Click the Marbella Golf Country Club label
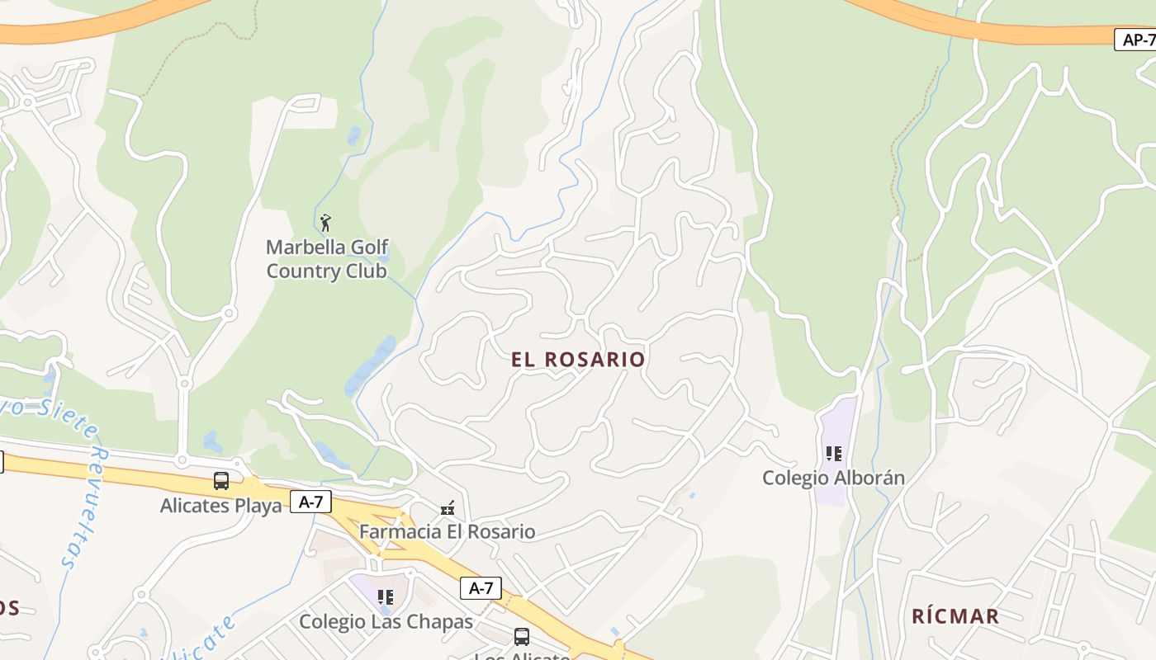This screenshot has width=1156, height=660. (327, 259)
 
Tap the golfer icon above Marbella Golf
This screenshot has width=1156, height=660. (325, 222)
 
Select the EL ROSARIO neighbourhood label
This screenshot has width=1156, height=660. (577, 360)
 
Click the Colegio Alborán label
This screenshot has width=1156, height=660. (833, 478)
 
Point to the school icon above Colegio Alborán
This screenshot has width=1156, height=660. (834, 454)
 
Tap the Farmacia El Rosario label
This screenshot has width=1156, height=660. (447, 531)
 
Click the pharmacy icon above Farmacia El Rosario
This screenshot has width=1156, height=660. (448, 509)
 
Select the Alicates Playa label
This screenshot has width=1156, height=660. (220, 505)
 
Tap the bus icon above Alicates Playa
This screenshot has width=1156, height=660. (221, 481)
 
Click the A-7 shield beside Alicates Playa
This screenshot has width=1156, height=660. (310, 502)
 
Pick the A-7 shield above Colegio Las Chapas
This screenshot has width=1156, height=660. (481, 588)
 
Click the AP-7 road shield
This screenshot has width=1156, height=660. (1138, 39)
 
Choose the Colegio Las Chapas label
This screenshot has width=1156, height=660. (386, 621)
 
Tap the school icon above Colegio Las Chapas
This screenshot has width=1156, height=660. (385, 596)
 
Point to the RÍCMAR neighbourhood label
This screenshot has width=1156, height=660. (955, 616)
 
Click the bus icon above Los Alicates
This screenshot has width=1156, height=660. (522, 637)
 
